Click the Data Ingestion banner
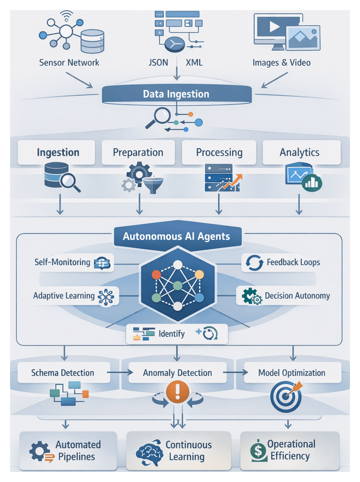tap(176, 94)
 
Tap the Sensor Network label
tap(69, 63)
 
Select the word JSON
tap(159, 63)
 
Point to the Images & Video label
tap(281, 63)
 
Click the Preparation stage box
tap(138, 152)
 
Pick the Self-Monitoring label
tap(62, 262)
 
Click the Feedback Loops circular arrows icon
tap(253, 263)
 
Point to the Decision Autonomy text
tap(297, 296)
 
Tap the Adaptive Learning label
tap(64, 296)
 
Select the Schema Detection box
tap(63, 373)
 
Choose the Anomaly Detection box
tap(177, 373)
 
